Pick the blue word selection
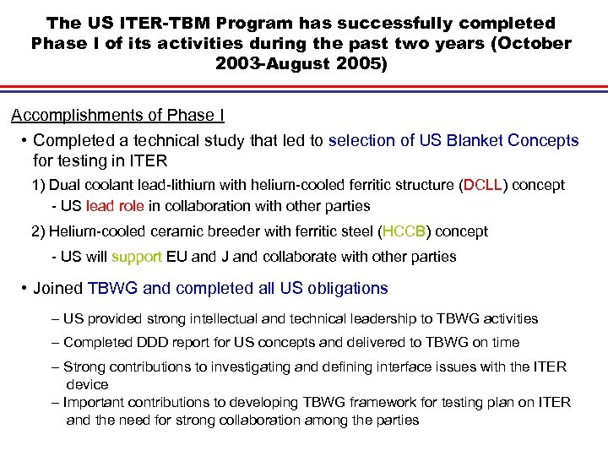click(368, 140)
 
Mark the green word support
click(136, 256)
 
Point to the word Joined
click(57, 289)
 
